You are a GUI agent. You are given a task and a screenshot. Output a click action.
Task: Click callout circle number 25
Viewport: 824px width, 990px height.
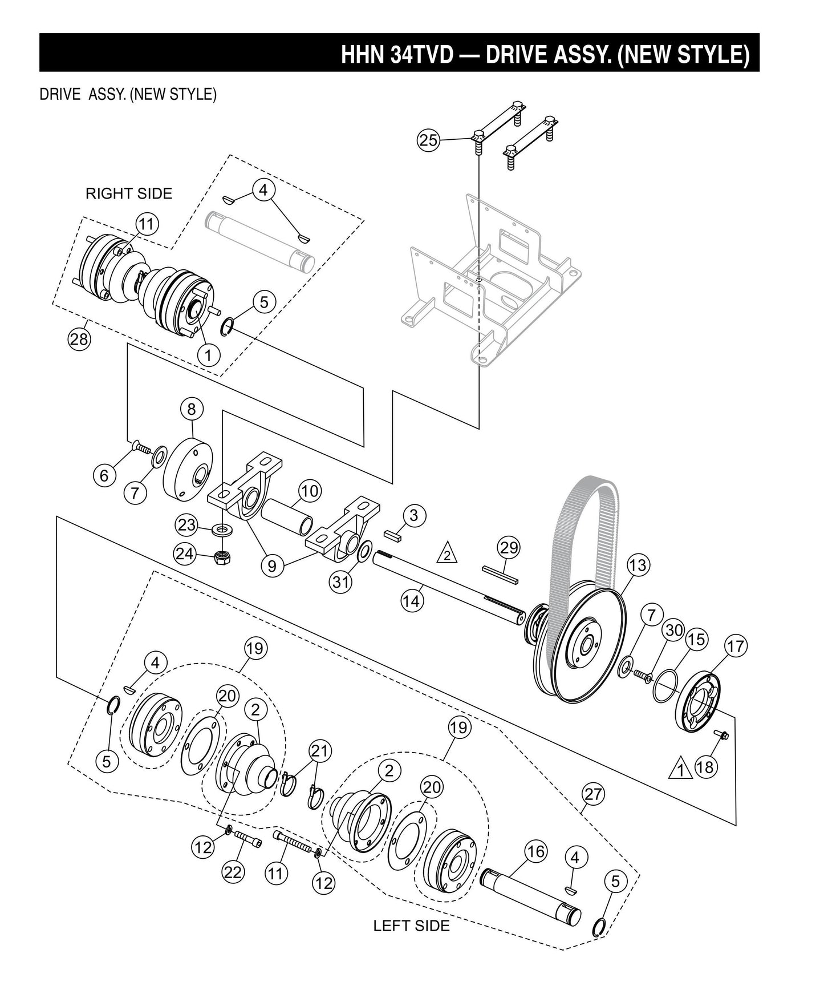point(428,140)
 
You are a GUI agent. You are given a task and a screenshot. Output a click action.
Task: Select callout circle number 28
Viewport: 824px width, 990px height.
point(79,340)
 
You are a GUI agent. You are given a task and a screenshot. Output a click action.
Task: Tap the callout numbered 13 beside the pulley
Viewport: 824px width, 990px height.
point(638,565)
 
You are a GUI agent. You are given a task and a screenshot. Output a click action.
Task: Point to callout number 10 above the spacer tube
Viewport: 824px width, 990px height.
point(309,491)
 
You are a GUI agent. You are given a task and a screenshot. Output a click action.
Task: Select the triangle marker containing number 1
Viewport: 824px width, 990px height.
point(680,769)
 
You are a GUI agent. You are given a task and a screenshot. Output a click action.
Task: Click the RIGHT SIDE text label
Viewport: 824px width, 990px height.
point(129,193)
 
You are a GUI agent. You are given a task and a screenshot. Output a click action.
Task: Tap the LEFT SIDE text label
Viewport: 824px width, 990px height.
point(411,926)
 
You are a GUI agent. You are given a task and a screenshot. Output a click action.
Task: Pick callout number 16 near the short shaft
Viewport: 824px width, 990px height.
point(535,852)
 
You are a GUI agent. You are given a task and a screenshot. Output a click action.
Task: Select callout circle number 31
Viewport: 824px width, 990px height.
point(341,582)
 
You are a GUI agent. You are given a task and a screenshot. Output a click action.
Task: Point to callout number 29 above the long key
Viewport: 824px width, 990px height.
point(509,548)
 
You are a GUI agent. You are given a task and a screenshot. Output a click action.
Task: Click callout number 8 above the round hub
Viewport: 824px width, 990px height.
point(192,409)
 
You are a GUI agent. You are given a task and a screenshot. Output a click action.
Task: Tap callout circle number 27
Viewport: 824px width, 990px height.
point(594,794)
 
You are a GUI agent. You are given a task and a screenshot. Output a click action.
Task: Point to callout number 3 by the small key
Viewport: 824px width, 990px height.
point(413,515)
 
